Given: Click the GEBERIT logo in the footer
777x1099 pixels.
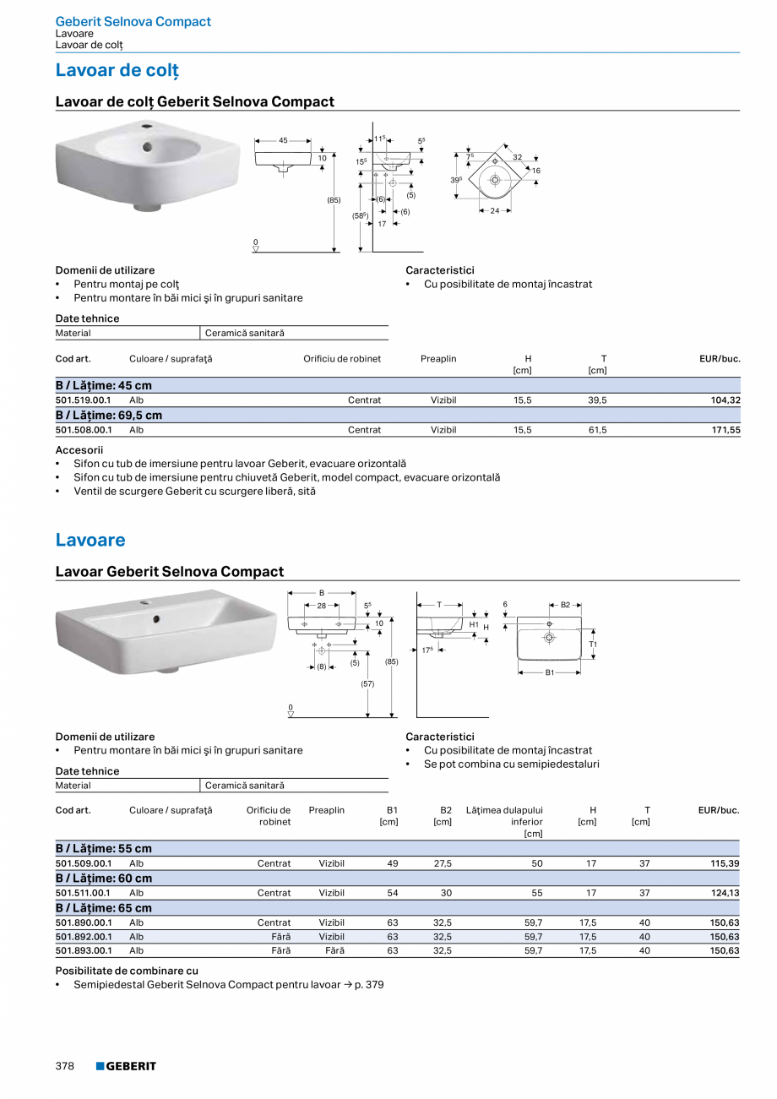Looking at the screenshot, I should coord(126,1066).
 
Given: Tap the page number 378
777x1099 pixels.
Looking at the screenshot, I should coord(65,1066).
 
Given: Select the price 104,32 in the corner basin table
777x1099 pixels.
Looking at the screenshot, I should coord(725,400).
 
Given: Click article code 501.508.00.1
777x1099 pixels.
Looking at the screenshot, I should coord(83,430).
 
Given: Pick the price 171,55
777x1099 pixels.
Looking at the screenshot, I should coord(725,430).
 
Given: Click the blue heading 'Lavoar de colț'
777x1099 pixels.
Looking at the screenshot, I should coord(117,70).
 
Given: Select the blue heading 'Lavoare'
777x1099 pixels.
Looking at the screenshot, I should coord(90,540).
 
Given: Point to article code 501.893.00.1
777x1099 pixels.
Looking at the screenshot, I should coord(83,950).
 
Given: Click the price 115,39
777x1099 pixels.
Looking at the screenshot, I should coord(725,863).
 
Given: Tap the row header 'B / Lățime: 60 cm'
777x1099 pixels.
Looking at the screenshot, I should coord(104,879).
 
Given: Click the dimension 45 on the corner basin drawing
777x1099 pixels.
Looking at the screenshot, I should coord(283,140).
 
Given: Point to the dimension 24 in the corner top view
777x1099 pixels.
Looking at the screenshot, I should coord(495,210).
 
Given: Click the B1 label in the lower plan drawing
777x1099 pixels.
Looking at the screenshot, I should coord(549,672).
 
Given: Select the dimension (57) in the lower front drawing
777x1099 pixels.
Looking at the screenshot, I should coord(367,683).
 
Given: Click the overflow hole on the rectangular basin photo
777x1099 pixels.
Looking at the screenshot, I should coord(155,619).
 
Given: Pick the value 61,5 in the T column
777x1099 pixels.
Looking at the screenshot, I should coord(597,430).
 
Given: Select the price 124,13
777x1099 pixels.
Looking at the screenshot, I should coord(725,893).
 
